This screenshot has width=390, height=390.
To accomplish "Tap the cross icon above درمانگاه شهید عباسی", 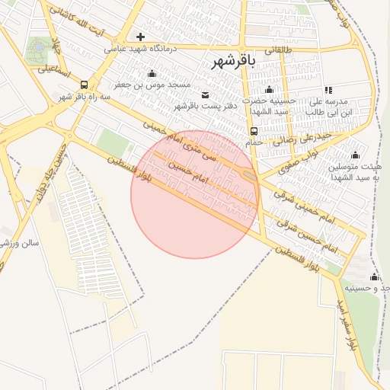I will coord(140,37).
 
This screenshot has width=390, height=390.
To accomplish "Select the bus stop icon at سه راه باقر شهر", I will coord(83,85).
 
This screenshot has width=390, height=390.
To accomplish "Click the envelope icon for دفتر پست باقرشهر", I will coord(182,94).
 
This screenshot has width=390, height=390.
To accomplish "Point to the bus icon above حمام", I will coord(254,130).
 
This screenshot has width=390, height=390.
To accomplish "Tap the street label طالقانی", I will coord(280,50).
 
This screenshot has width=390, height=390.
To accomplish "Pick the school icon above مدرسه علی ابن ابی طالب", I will coord(328,90).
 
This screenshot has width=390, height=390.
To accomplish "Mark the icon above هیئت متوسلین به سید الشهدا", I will coord(355,155).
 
